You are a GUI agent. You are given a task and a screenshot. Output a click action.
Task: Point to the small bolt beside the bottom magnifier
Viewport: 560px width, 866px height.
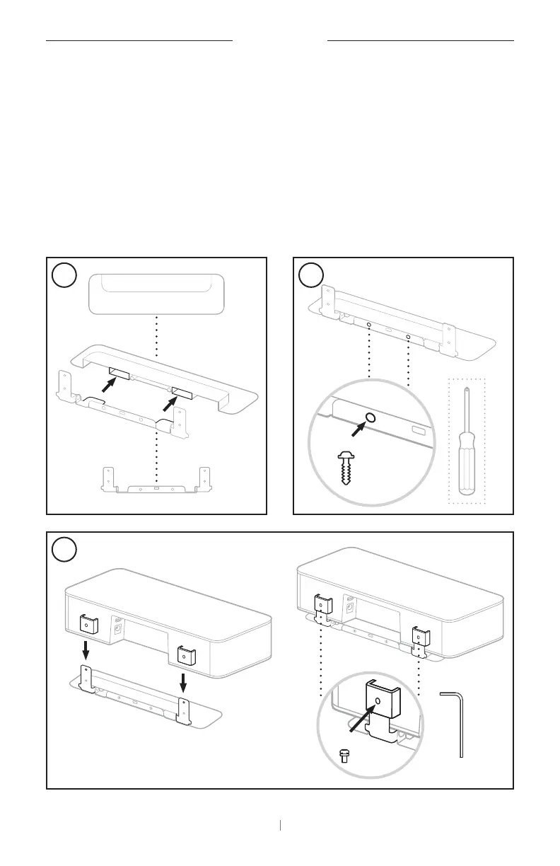(x=344, y=756)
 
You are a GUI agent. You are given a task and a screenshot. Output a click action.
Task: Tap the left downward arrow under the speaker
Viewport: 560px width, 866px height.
(x=86, y=648)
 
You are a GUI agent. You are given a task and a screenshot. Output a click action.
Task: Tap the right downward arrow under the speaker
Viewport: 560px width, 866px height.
(x=183, y=683)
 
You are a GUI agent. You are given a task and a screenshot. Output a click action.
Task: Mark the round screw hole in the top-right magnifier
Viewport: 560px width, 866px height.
(x=371, y=417)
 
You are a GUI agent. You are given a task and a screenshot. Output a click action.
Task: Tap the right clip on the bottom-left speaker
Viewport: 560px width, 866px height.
(x=184, y=655)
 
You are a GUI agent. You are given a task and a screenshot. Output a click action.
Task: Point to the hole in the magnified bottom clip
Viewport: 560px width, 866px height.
(x=378, y=700)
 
